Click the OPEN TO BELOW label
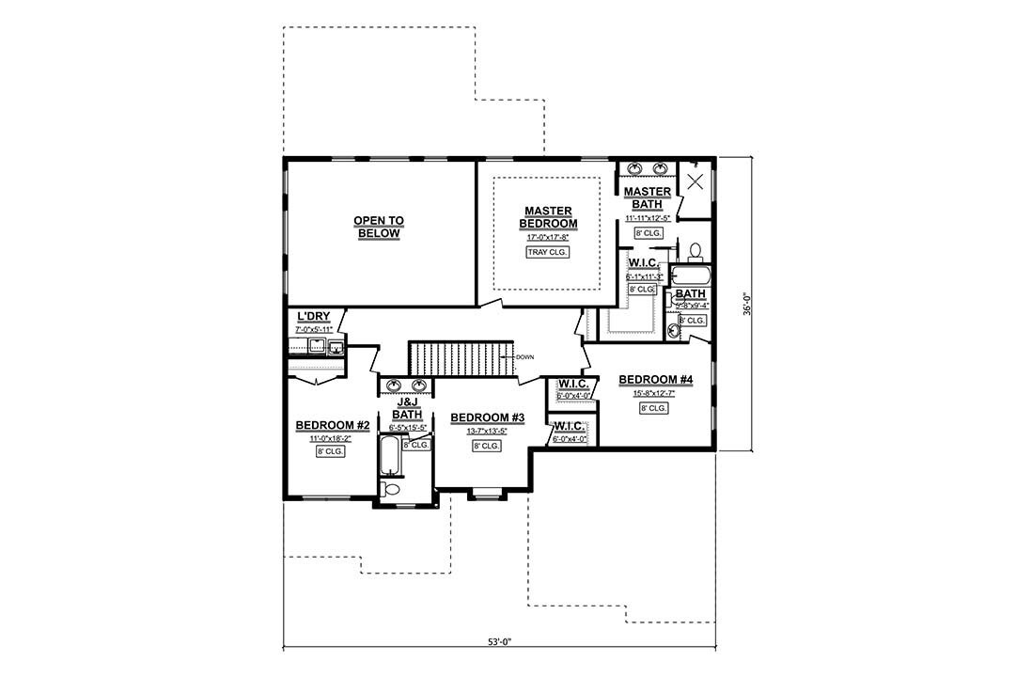point(379,227)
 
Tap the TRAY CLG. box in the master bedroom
point(548,252)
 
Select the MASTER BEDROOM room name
point(548,217)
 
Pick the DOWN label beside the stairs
point(524,356)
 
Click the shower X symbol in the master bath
point(696,181)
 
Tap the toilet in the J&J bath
point(392,490)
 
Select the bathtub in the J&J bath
point(389,457)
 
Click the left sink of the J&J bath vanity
point(394,386)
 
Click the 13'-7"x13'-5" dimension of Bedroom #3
point(487,432)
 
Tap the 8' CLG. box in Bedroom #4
point(654,408)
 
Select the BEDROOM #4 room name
point(655,380)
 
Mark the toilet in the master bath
point(696,250)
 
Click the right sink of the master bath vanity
point(662,169)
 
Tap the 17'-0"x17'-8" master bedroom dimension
point(548,238)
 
